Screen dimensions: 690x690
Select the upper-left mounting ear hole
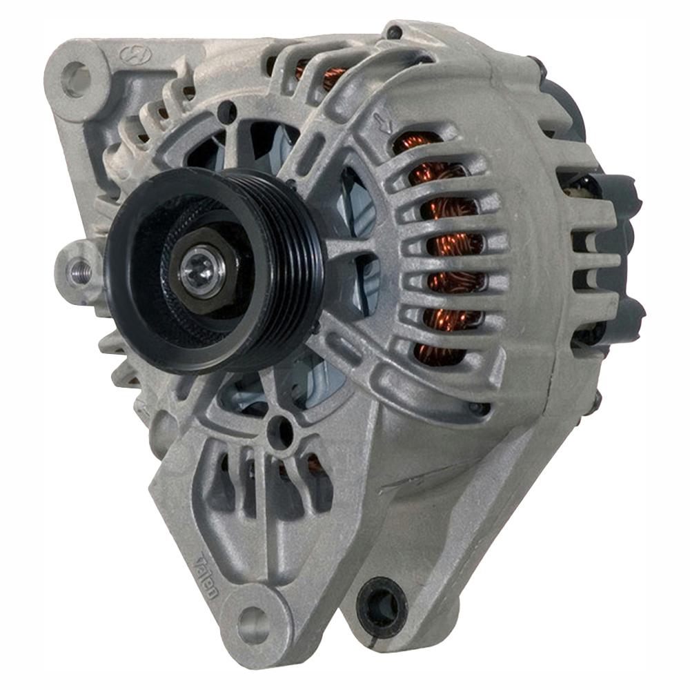click(77, 77)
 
